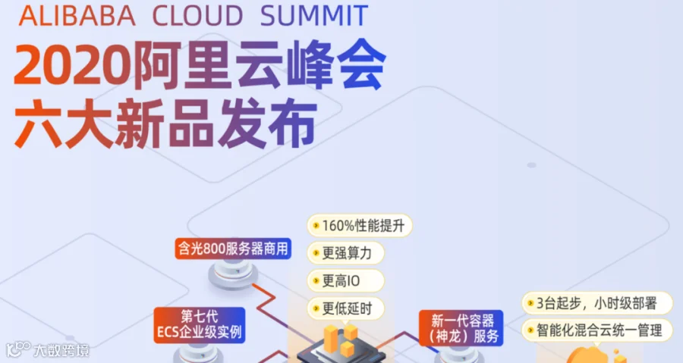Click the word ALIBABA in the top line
pyautogui.click(x=77, y=15)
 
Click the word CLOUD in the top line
pyautogui.click(x=197, y=15)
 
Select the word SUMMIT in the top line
pyautogui.click(x=314, y=15)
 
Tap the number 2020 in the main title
pyautogui.click(x=73, y=65)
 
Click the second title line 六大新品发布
pyautogui.click(x=165, y=124)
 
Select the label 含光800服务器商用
pyautogui.click(x=233, y=249)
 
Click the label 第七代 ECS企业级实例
pyautogui.click(x=200, y=325)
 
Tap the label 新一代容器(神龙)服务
pyautogui.click(x=461, y=328)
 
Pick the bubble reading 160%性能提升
pyautogui.click(x=360, y=226)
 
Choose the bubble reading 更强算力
pyautogui.click(x=346, y=253)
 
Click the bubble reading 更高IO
pyautogui.click(x=346, y=281)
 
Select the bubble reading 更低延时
pyautogui.click(x=346, y=308)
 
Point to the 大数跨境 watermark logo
pyautogui.click(x=48, y=350)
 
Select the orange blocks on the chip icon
pyautogui.click(x=341, y=340)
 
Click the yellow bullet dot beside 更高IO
pyautogui.click(x=316, y=281)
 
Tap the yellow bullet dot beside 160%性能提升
pyautogui.click(x=316, y=226)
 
